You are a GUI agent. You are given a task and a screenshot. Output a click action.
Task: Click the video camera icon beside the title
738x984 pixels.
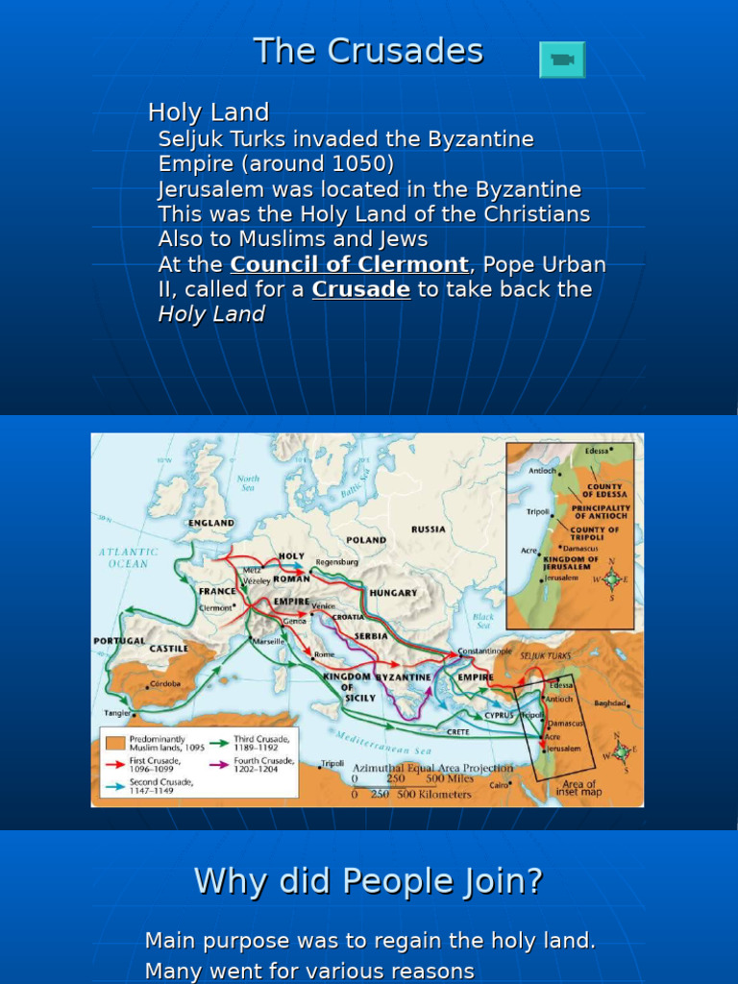(x=562, y=60)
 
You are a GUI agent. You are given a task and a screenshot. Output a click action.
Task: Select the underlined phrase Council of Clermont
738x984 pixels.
(x=349, y=264)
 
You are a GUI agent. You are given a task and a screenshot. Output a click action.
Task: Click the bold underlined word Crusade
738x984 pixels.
(x=361, y=289)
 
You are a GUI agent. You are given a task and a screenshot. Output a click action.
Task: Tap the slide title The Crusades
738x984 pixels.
(x=368, y=51)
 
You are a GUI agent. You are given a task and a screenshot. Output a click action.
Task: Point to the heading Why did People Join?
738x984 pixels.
(x=368, y=880)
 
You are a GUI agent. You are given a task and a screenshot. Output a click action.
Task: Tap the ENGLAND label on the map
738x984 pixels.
(x=211, y=523)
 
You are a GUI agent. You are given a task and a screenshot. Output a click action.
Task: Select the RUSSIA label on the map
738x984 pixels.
(x=428, y=529)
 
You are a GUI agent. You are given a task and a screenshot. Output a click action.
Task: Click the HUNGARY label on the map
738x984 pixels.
(x=393, y=593)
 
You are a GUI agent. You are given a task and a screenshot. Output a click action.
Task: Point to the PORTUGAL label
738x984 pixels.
(x=119, y=641)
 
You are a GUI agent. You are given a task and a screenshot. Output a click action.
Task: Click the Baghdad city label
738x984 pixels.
(x=610, y=702)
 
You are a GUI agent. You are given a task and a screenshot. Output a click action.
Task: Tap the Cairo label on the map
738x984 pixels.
(x=499, y=784)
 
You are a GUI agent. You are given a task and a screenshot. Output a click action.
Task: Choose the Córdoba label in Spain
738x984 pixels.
(x=165, y=684)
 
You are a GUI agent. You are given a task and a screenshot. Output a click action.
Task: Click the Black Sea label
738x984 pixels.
(x=482, y=620)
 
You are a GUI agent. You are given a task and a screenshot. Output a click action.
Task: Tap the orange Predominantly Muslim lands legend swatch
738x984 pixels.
(x=114, y=743)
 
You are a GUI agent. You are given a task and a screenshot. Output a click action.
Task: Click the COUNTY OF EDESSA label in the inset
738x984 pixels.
(x=604, y=490)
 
